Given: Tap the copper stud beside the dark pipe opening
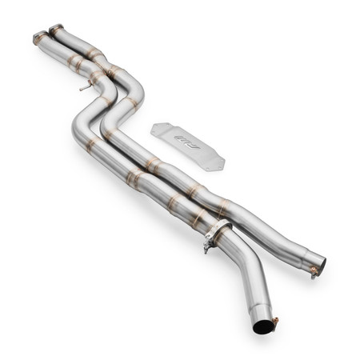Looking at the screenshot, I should (275, 322).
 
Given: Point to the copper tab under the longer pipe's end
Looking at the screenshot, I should (314, 271).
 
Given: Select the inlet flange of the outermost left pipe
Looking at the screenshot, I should (39, 37).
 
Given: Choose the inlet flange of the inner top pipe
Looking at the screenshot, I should (56, 30).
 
